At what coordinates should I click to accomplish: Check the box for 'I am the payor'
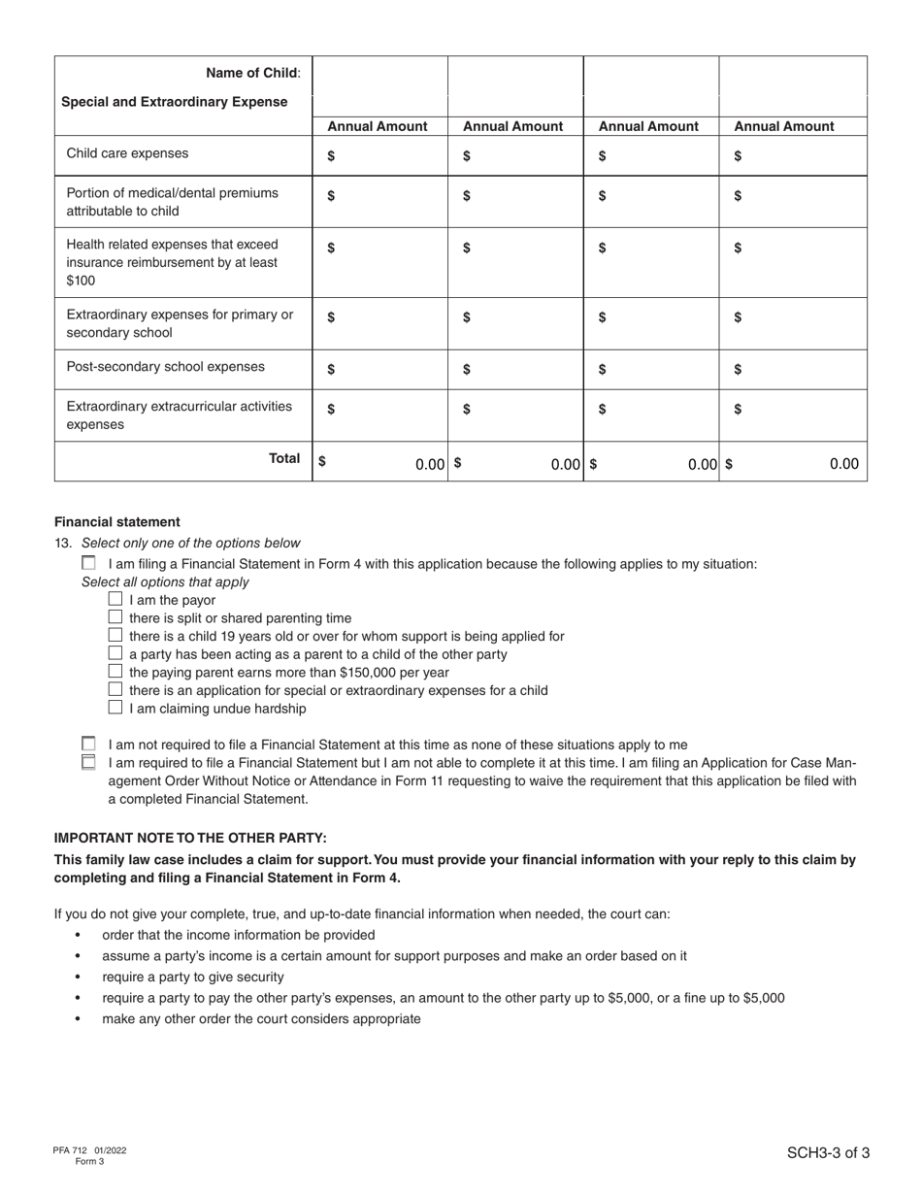(x=115, y=599)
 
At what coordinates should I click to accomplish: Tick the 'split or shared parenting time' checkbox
(x=115, y=617)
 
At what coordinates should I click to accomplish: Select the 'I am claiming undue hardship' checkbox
(x=115, y=708)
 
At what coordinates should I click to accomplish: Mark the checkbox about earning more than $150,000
(x=115, y=672)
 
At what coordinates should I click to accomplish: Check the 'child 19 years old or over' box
(x=115, y=635)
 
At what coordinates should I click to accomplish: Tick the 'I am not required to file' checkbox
(x=89, y=744)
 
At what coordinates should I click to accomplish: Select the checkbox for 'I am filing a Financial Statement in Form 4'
(x=89, y=563)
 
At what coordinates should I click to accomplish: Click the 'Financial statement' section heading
(x=116, y=521)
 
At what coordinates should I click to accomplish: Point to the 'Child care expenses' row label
(x=127, y=153)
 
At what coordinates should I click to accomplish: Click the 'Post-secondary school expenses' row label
(x=165, y=367)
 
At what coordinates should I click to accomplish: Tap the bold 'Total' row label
(x=284, y=458)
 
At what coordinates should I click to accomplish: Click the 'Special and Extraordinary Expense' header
(x=174, y=102)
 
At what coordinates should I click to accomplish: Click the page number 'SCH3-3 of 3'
(x=828, y=1153)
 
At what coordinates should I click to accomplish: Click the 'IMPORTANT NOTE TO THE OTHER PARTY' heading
(x=190, y=838)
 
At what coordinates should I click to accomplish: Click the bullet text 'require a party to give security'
(x=193, y=977)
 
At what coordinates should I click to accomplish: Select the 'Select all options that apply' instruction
(x=165, y=582)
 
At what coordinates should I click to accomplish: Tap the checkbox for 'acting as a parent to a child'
(x=115, y=653)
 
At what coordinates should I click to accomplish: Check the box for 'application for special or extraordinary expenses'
(x=115, y=689)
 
